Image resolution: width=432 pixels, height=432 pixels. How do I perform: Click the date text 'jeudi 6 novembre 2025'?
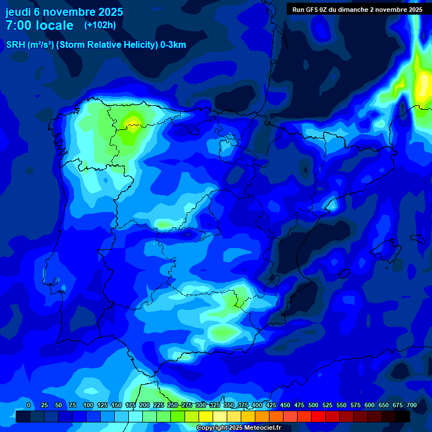click(64, 12)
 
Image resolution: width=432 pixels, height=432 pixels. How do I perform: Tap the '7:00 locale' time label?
click(39, 25)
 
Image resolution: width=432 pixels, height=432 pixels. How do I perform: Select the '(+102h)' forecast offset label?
click(100, 25)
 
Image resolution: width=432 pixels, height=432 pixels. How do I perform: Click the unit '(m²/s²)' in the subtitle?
click(40, 45)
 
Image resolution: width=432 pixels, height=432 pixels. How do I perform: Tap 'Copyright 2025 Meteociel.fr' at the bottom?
click(238, 428)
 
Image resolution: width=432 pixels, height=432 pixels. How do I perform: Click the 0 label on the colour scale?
click(29, 405)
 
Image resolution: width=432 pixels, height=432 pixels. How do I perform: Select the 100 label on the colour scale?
click(88, 405)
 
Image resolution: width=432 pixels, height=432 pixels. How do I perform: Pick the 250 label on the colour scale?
click(173, 405)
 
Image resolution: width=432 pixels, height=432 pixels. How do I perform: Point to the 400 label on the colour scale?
click(257, 405)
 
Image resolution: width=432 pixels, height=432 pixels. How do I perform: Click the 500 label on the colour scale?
click(313, 405)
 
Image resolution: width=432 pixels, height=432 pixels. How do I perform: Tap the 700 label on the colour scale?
click(412, 405)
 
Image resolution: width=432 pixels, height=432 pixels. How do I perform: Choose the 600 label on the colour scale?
click(370, 405)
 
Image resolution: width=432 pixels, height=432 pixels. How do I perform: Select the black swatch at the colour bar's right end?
click(403, 417)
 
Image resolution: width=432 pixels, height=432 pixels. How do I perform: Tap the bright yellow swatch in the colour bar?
click(206, 417)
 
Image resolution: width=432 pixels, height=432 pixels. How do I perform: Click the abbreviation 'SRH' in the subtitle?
click(15, 45)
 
